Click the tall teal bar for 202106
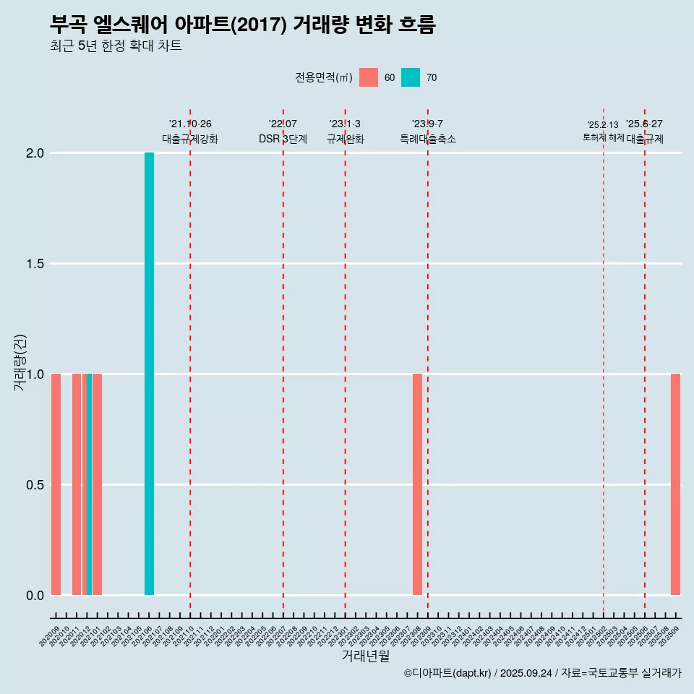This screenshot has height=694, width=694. coord(149,374)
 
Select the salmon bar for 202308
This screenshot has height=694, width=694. coord(417,484)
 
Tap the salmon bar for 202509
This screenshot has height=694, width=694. coord(675,484)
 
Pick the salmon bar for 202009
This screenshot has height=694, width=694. coord(56,484)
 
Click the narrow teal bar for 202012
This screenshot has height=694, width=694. coord(89,484)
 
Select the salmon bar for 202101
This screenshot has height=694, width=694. coord(97,484)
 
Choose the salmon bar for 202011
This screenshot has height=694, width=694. coord(77,484)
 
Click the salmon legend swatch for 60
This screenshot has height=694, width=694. coord(369,77)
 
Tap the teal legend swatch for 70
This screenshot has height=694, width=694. coord(411,77)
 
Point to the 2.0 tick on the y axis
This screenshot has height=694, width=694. coord(35,153)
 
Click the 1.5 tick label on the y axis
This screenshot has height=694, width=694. coord(35,264)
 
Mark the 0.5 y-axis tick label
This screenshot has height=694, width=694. coord(35,484)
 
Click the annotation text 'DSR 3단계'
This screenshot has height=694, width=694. coord(283,139)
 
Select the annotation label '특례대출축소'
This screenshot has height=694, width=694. coord(428,139)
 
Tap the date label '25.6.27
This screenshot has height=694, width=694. coord(644,124)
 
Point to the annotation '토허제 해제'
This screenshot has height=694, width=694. coord(603,137)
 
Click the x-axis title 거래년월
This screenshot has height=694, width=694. coord(365,656)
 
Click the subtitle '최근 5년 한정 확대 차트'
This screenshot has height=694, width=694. coord(116,46)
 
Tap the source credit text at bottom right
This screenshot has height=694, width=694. coord(542,673)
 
